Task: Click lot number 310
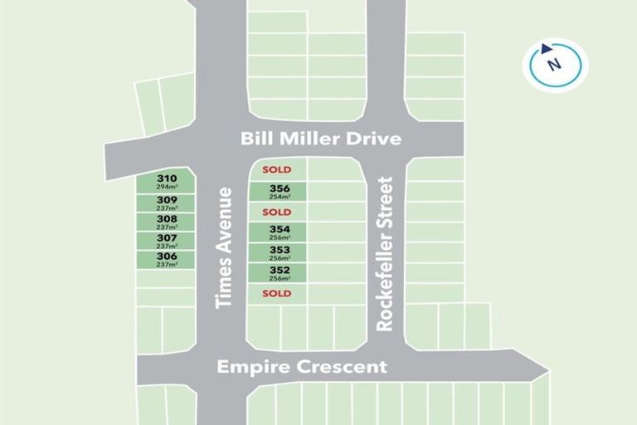point(167,178)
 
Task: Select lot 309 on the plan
point(167,200)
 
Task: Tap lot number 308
point(167,219)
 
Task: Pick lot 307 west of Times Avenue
point(167,238)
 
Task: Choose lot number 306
point(167,257)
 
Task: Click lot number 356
point(280,189)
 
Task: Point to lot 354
point(280,229)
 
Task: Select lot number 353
point(280,250)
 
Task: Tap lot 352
point(280,270)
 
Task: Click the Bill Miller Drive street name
point(321,139)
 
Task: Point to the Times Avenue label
point(224,247)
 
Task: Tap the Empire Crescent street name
point(302,366)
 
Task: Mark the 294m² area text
point(167,188)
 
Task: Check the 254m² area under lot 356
point(280,198)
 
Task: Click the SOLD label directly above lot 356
point(276,169)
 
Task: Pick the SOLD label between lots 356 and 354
point(276,212)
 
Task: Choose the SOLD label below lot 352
point(276,293)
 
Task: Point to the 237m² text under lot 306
point(167,265)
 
